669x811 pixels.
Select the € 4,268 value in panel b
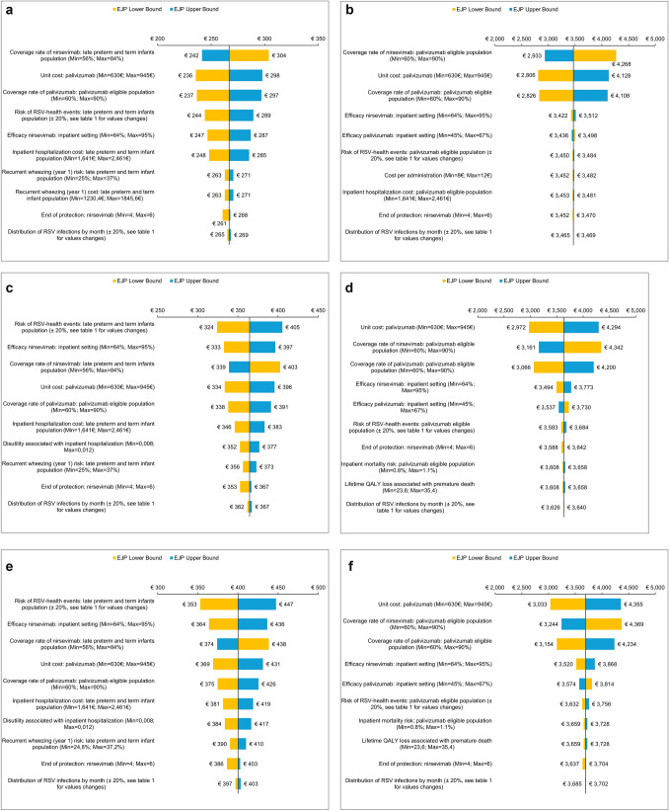click(x=631, y=56)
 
